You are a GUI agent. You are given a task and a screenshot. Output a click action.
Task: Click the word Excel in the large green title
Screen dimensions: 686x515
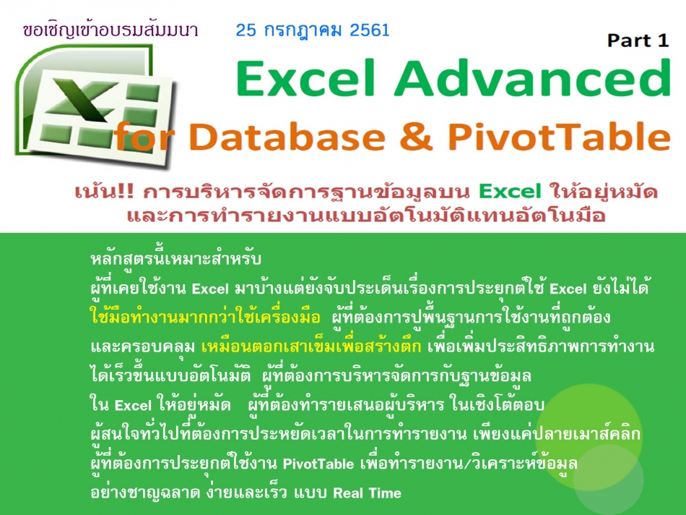tap(306, 77)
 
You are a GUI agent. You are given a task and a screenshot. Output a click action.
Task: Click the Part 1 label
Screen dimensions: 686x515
tap(638, 41)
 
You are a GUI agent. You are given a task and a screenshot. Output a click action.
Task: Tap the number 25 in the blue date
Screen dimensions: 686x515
tap(246, 30)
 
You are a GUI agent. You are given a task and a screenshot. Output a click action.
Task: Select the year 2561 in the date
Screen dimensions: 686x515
tap(370, 30)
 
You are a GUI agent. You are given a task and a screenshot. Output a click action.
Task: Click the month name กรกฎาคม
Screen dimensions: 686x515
tap(303, 30)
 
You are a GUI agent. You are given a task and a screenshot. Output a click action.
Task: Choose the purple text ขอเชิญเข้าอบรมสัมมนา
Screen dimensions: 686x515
tap(110, 30)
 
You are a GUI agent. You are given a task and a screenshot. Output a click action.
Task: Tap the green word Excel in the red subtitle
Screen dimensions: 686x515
tap(510, 192)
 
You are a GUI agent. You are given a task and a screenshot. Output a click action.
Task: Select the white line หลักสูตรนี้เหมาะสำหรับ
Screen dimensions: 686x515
tap(176, 258)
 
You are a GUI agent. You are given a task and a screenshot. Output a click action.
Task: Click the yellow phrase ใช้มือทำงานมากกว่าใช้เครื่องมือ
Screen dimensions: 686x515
tap(205, 317)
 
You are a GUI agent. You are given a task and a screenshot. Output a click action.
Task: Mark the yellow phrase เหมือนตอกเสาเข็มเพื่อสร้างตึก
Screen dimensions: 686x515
tap(311, 346)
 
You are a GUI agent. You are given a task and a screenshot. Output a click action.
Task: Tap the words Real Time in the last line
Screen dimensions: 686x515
tap(367, 493)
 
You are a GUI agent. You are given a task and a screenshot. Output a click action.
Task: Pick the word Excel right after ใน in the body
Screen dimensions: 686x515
tap(133, 406)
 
